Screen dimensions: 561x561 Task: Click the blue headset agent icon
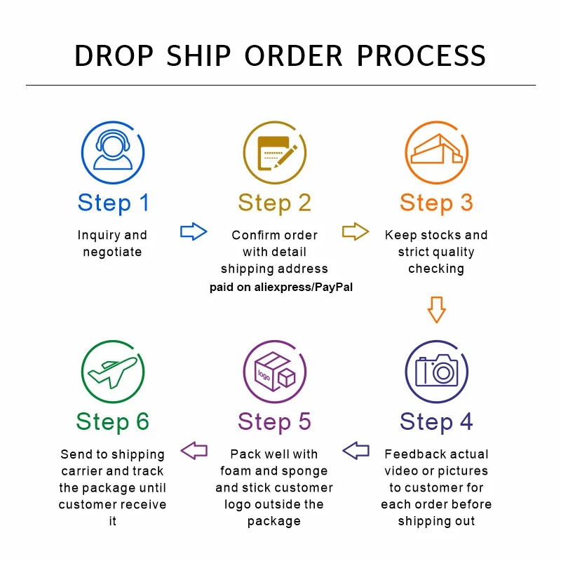coord(113,153)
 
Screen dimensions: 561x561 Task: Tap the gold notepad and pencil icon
coord(274,153)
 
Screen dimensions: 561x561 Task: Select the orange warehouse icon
coord(436,153)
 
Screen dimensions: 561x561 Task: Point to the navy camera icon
coord(436,371)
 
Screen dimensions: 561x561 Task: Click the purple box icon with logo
coord(274,371)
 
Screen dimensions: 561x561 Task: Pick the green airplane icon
coord(113,371)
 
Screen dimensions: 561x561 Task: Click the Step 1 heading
coord(113,203)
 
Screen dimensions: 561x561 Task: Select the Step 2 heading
coord(274,203)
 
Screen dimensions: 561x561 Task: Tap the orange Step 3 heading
coord(436,203)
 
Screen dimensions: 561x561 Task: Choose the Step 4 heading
coord(436,421)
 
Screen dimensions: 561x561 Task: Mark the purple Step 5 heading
coord(274,421)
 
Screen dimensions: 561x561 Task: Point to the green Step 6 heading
coord(113,421)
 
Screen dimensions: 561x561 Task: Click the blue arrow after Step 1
coord(194,231)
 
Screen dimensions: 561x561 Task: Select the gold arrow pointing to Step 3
coord(356,231)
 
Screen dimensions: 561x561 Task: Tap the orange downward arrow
coord(436,309)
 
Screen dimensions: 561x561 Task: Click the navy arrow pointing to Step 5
coord(356,450)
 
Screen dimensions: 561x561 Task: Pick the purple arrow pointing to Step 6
coord(194,450)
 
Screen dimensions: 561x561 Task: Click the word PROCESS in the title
coord(421,56)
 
